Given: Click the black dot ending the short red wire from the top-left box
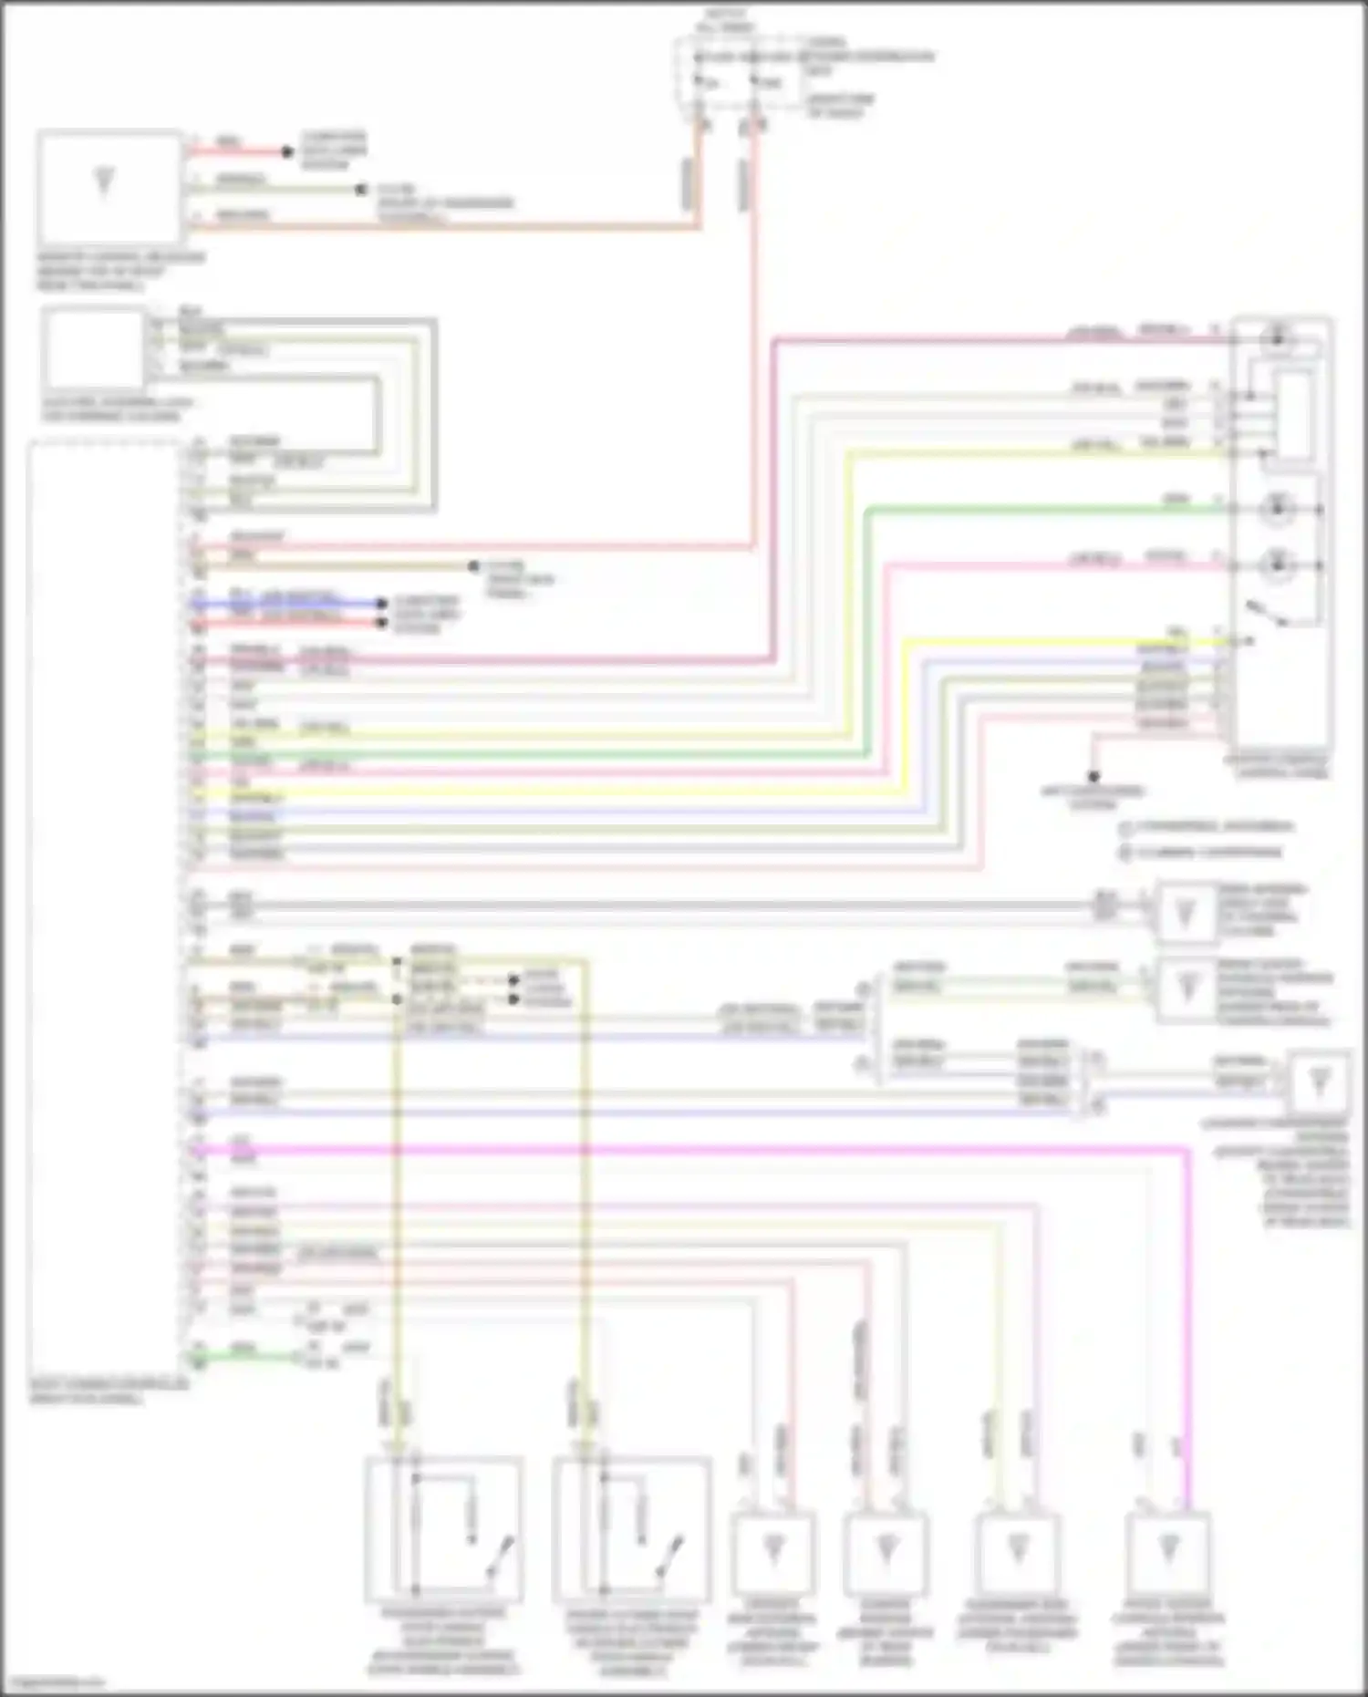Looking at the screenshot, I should (287, 152).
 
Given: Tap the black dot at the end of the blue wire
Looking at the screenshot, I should (382, 604).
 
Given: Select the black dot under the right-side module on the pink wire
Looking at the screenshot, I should (1093, 777).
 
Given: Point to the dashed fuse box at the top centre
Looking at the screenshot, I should (739, 73).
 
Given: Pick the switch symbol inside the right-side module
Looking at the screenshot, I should (1268, 614).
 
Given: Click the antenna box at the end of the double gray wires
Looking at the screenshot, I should (1185, 911).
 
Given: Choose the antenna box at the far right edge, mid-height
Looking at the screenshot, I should (1318, 1082).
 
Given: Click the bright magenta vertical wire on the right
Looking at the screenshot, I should (1188, 1322).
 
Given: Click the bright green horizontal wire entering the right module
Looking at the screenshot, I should (1049, 509).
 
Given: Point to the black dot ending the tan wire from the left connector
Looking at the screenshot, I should (473, 566).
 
